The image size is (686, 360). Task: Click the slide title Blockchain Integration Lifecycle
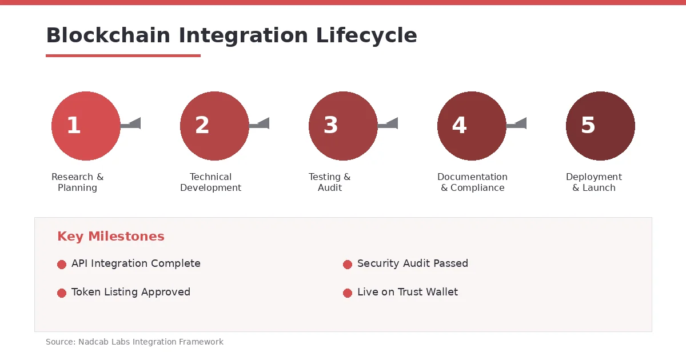tap(231, 35)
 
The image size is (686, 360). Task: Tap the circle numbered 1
tap(86, 126)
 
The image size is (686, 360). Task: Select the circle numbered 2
tap(214, 126)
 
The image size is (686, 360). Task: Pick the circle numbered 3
tap(343, 126)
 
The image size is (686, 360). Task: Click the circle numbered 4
tap(472, 126)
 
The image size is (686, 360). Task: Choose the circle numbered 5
tap(600, 126)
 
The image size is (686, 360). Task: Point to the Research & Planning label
tap(77, 182)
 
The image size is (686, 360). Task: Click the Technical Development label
tap(210, 182)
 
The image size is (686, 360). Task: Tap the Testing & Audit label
tap(329, 182)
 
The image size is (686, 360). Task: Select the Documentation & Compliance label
tap(472, 182)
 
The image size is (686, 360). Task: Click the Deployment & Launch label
tap(594, 182)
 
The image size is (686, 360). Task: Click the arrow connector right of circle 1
tap(131, 124)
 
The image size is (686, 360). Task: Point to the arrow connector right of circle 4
tap(517, 124)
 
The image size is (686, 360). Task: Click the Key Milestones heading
tap(110, 237)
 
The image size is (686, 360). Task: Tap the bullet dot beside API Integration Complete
tap(62, 264)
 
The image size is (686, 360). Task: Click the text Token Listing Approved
tap(130, 292)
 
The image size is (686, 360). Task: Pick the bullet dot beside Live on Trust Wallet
tap(348, 293)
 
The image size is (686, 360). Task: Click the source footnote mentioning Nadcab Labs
tap(134, 342)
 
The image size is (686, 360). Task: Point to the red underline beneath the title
tap(123, 55)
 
